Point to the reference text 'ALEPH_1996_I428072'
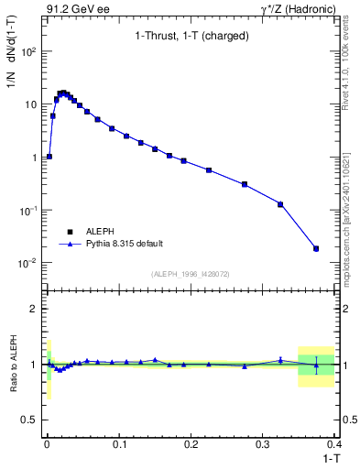tap(190, 273)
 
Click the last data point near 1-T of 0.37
tap(316, 248)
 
